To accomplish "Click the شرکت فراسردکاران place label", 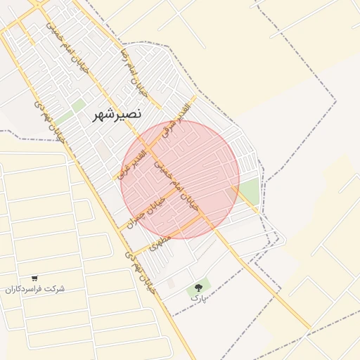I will (34, 289).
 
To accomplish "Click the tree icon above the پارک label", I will (198, 287).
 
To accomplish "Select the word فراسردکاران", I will (25, 289).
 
